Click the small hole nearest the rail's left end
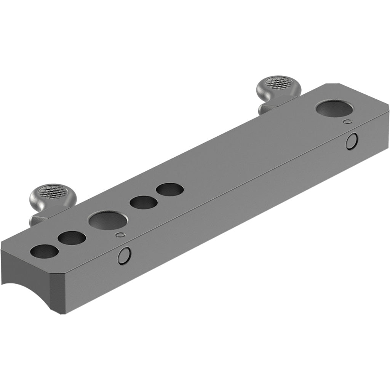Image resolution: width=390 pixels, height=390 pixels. click(45, 252)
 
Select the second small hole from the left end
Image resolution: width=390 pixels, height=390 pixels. click(72, 238)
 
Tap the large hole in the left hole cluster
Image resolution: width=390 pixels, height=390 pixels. click(109, 221)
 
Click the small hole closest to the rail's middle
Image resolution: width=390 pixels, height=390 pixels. click(169, 189)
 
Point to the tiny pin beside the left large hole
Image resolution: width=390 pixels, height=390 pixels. click(121, 235)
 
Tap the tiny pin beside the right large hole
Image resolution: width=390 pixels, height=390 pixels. click(347, 122)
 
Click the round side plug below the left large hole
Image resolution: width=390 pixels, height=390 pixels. click(124, 256)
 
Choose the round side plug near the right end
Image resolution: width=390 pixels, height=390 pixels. click(352, 141)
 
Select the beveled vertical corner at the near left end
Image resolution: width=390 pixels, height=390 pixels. click(56, 289)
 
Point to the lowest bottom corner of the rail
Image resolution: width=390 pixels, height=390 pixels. click(59, 315)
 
